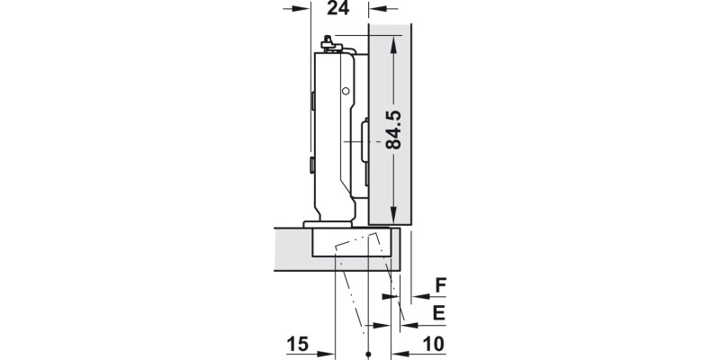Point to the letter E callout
tap(439, 313)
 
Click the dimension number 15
tap(298, 344)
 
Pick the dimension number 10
tap(433, 344)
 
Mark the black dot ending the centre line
tap(370, 353)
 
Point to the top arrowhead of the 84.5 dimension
tap(393, 40)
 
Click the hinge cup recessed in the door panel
tap(353, 243)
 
